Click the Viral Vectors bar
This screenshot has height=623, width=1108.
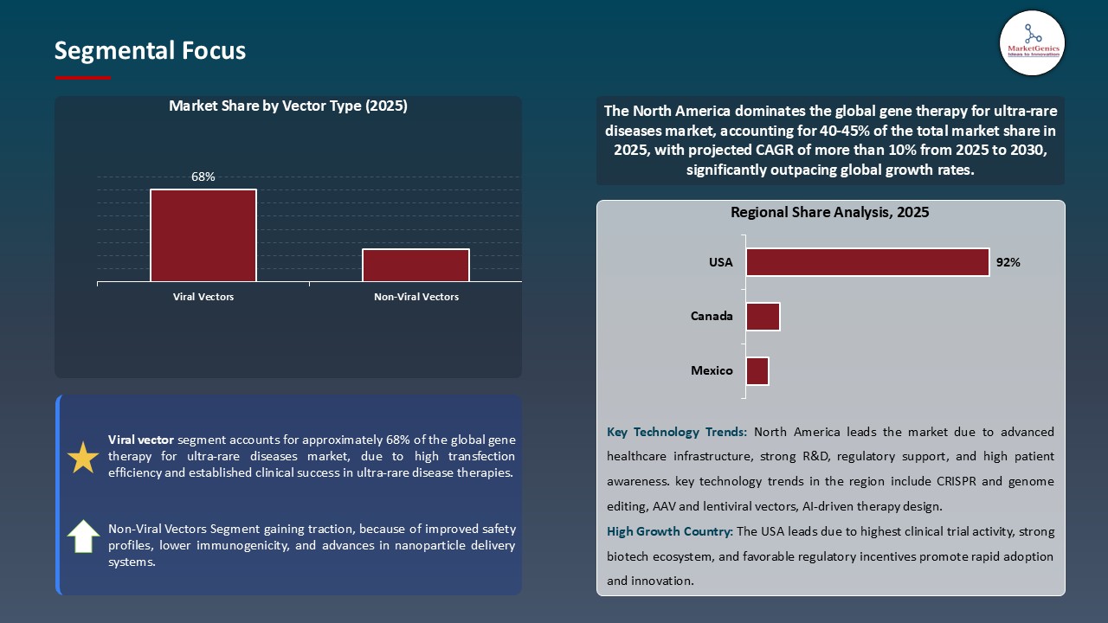click(203, 235)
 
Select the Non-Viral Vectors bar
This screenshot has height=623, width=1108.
click(415, 265)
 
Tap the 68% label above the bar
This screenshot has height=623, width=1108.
click(203, 177)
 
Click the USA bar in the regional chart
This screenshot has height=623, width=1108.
click(867, 262)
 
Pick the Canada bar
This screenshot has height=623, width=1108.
click(763, 317)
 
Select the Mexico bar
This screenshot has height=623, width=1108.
click(757, 371)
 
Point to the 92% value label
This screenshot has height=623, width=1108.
click(1008, 262)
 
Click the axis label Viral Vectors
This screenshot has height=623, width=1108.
click(203, 297)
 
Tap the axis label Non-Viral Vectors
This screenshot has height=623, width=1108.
click(415, 297)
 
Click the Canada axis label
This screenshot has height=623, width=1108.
click(712, 316)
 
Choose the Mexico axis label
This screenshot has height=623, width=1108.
click(712, 370)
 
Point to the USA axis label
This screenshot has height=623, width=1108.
click(721, 262)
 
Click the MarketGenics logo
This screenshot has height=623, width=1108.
click(1032, 42)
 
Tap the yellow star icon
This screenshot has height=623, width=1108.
click(83, 457)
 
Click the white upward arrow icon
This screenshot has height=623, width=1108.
click(83, 536)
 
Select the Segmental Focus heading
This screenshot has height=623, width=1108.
click(150, 51)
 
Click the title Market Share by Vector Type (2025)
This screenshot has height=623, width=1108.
click(288, 106)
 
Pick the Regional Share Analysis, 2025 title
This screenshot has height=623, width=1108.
click(829, 212)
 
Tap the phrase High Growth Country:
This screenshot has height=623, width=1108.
click(669, 531)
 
